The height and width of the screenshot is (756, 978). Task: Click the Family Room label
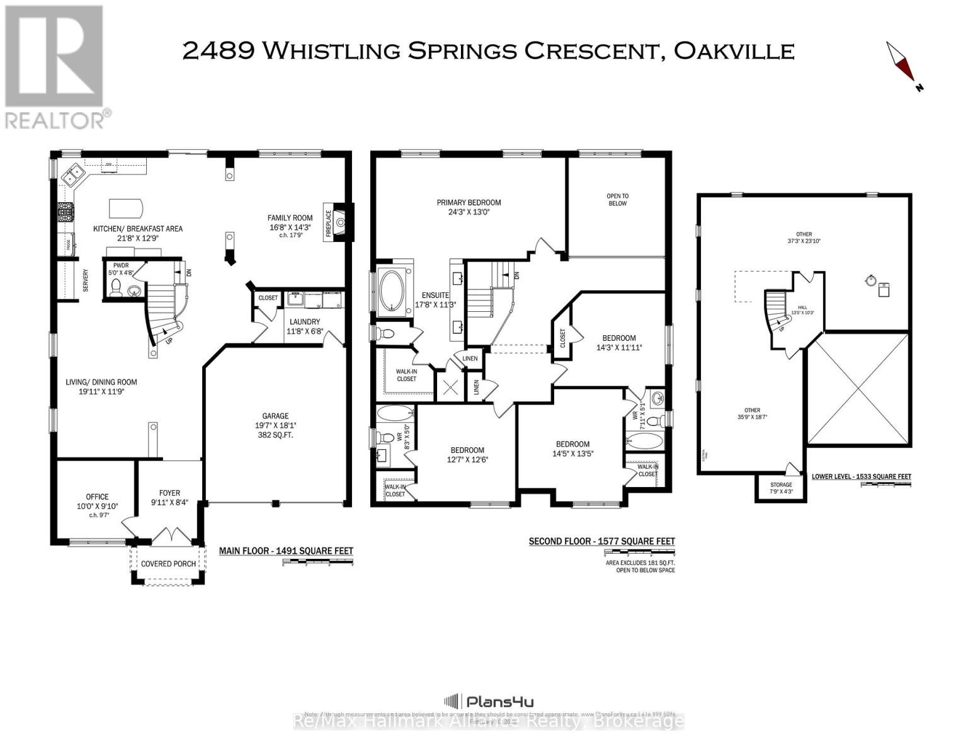[x=290, y=219]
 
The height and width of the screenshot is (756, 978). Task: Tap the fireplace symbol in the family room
[x=340, y=221]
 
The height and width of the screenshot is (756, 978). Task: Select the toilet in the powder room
[x=116, y=288]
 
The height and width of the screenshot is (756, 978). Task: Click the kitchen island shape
[x=126, y=207]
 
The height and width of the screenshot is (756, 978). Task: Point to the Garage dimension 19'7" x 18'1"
[x=275, y=425]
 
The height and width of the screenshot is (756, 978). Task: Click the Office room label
[x=97, y=496]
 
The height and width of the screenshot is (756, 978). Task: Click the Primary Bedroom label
[x=469, y=202]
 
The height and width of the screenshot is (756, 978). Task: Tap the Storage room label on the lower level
[x=781, y=485]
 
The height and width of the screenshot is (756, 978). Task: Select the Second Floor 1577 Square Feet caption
[x=601, y=541]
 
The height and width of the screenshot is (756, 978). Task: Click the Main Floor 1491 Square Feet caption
[x=286, y=551]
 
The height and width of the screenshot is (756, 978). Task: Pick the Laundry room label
[x=305, y=322]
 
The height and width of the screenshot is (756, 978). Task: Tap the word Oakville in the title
[x=734, y=50]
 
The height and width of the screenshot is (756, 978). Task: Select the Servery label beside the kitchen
[x=85, y=281]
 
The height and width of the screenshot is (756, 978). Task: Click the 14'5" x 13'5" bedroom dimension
[x=572, y=453]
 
